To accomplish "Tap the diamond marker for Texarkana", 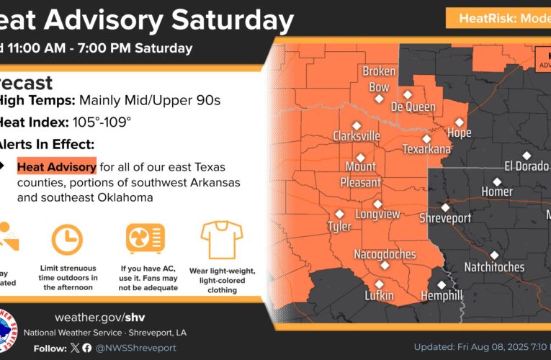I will point(426,139).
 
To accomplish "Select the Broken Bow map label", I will point(379,80).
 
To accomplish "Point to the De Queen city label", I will point(413,107).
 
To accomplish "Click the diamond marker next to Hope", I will point(459,122).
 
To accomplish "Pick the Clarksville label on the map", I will point(356,135).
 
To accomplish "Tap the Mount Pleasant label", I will point(360,174).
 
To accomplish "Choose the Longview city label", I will point(378,214).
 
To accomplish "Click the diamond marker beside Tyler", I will point(340,213).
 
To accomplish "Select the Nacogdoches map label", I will point(385,254).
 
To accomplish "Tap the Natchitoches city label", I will point(494,267).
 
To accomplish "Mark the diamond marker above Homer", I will point(496,181).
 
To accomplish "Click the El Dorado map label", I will point(527,166).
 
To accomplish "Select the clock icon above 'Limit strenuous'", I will point(67,239).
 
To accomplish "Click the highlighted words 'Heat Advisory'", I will point(57,167).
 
